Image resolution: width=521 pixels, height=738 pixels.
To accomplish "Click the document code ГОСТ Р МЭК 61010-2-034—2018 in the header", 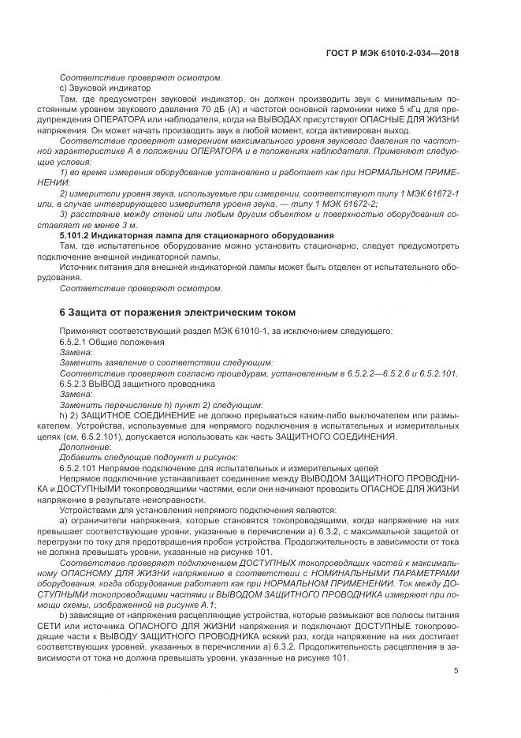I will (391, 54).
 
